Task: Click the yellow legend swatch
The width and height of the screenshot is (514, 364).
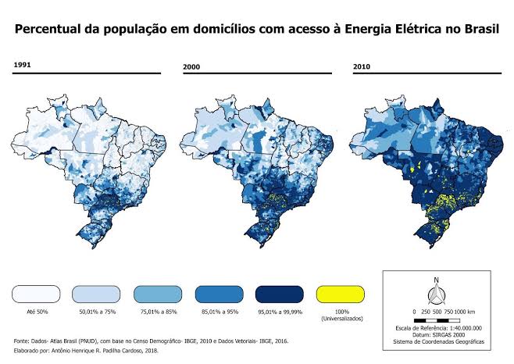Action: tap(340, 293)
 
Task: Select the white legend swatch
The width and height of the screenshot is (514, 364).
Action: tap(36, 293)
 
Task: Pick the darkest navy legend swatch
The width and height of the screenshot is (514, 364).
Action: tap(279, 293)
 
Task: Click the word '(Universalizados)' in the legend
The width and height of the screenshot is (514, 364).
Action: tap(340, 320)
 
